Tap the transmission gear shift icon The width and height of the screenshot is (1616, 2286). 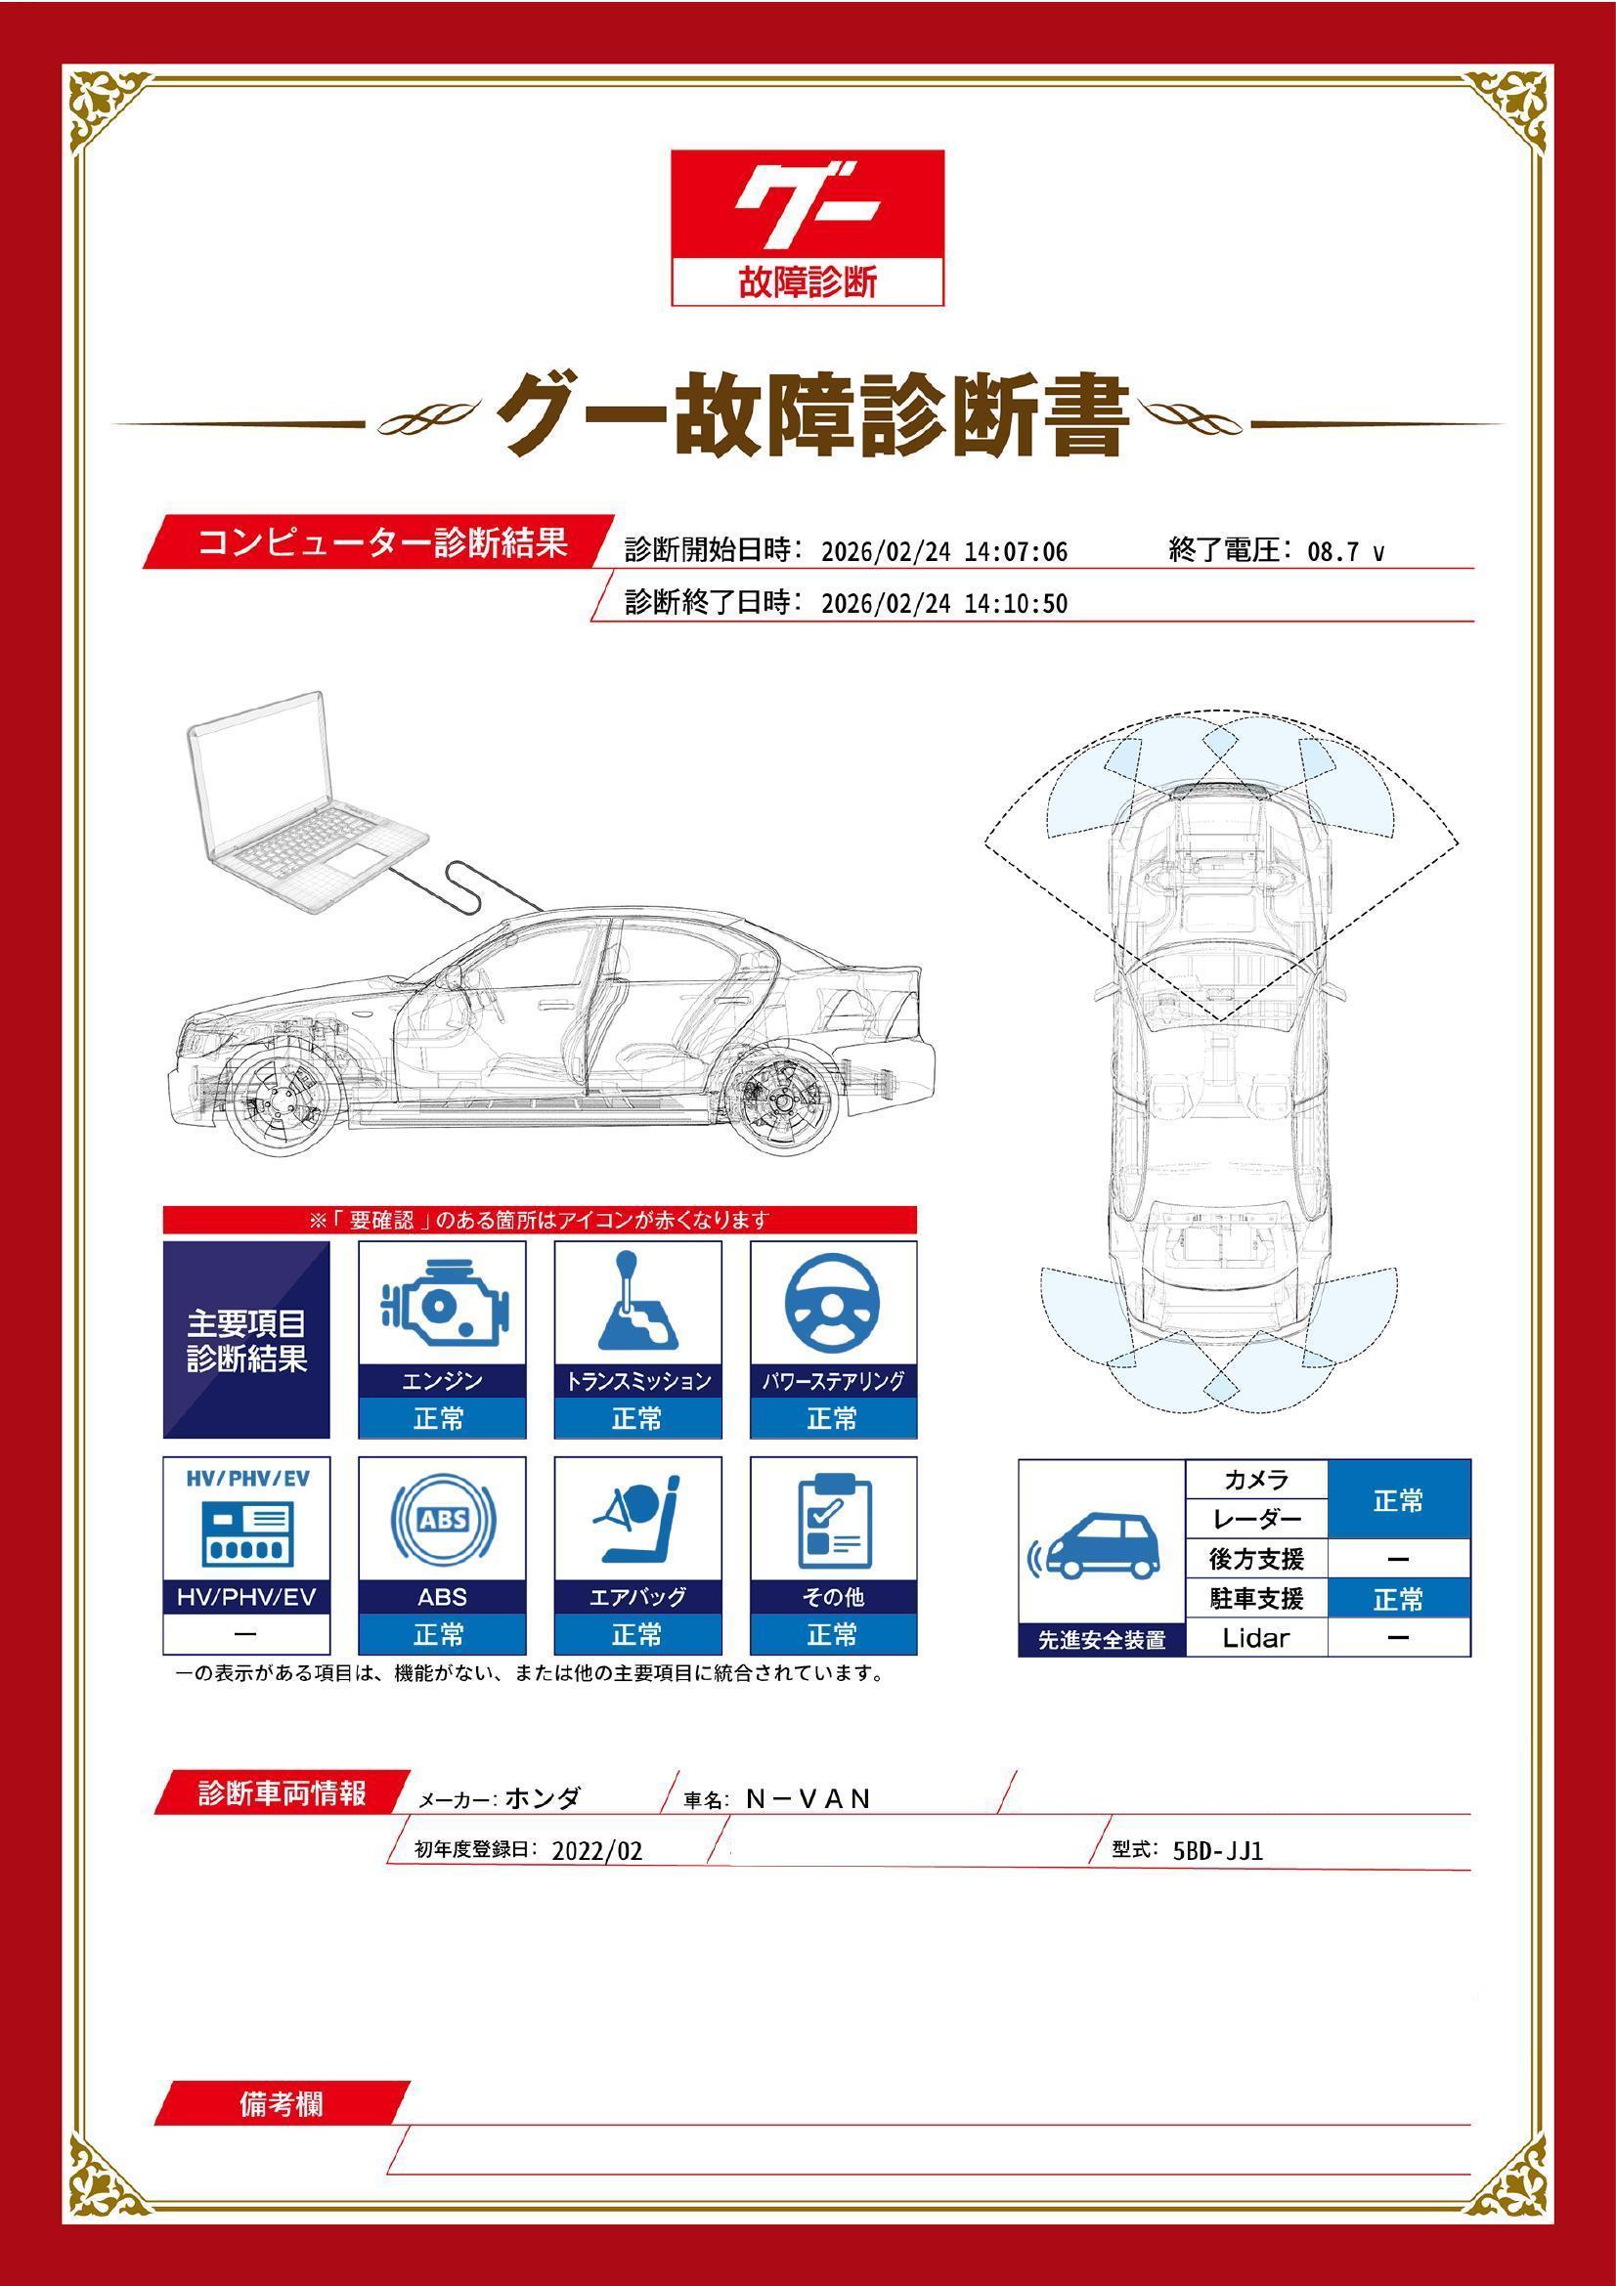tap(637, 1301)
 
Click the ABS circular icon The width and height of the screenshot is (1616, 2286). tap(442, 1520)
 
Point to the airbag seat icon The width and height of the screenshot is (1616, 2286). tap(637, 1520)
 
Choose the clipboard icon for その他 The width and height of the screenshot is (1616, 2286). tap(834, 1520)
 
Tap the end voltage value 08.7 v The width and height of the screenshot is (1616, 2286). tap(1344, 552)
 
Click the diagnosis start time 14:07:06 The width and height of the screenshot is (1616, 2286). tap(1015, 552)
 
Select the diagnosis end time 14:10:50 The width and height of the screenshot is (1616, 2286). tap(1015, 604)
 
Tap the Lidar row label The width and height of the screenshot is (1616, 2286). tap(1254, 1637)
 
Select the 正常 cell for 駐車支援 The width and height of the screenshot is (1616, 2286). tap(1398, 1598)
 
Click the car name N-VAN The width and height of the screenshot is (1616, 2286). tap(808, 1798)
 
